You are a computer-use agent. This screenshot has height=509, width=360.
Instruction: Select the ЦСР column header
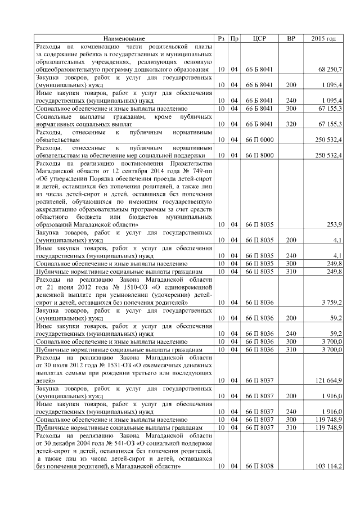click(x=259, y=38)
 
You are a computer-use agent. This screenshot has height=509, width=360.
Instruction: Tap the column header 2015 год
click(x=323, y=38)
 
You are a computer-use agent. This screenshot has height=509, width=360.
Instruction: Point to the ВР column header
click(x=291, y=38)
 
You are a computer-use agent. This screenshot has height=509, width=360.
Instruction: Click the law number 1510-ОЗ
click(x=105, y=287)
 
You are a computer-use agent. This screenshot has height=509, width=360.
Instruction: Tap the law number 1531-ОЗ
click(x=105, y=364)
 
